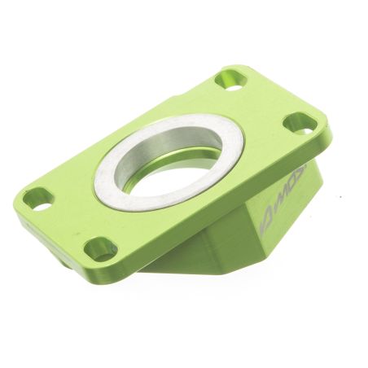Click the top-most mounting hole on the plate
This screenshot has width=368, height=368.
coord(231,80)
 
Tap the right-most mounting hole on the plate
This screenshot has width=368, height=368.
coord(300,124)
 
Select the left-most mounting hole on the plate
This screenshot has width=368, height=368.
coord(37,198)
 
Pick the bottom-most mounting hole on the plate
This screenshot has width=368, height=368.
coord(100,248)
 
